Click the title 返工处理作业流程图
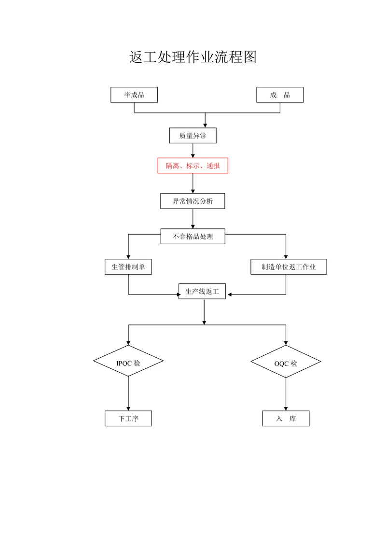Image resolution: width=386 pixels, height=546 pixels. point(193,57)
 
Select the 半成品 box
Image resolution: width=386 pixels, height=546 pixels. point(134,95)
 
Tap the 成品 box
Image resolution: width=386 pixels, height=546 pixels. point(280,95)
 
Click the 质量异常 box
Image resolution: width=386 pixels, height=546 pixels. point(193,136)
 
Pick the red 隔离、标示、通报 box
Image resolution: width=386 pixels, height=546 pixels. point(193,166)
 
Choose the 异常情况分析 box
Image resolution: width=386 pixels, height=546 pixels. point(193,201)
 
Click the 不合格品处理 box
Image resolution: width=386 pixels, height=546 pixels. point(193,237)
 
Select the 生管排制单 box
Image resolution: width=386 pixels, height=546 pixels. point(128,267)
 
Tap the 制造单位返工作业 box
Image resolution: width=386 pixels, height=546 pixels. point(289,267)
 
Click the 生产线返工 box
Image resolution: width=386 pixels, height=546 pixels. point(202,292)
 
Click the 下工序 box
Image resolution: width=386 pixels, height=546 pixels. point(128,419)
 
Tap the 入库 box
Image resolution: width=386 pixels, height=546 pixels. point(286,419)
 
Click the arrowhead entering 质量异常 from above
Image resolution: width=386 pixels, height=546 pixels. point(205,126)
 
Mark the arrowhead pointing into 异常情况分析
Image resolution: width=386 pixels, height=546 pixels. point(193,191)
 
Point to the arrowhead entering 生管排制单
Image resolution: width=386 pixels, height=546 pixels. point(128,257)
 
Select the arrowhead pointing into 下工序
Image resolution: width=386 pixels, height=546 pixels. point(128,408)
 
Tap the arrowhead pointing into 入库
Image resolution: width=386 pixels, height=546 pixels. point(286,408)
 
